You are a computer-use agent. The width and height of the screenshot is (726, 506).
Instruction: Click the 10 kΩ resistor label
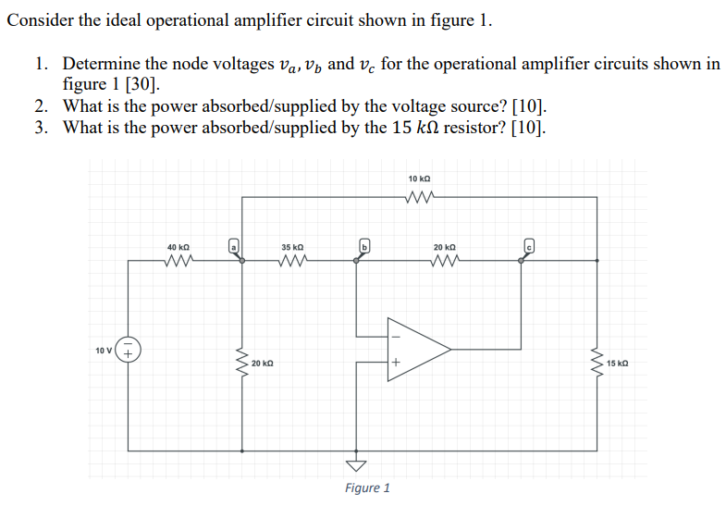click(x=419, y=178)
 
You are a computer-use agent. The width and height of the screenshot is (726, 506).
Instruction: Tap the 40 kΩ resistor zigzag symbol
click(x=178, y=261)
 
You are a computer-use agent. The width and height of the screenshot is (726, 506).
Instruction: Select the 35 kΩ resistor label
click(x=291, y=248)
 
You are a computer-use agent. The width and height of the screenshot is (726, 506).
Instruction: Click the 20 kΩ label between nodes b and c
click(x=444, y=248)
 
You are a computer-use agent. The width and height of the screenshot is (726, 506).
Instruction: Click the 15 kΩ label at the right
click(x=618, y=364)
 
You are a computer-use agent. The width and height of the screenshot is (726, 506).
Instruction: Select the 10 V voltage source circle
click(x=129, y=352)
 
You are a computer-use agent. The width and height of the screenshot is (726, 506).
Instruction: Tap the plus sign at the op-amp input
click(x=393, y=364)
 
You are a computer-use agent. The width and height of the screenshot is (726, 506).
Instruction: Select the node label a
click(x=235, y=246)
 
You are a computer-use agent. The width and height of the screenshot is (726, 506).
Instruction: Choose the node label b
click(x=364, y=246)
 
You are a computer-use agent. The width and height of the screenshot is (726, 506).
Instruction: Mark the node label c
click(x=530, y=246)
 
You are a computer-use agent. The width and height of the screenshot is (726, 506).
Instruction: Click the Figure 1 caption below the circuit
click(x=367, y=487)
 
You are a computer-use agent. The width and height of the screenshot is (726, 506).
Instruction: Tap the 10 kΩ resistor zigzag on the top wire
click(x=419, y=195)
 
